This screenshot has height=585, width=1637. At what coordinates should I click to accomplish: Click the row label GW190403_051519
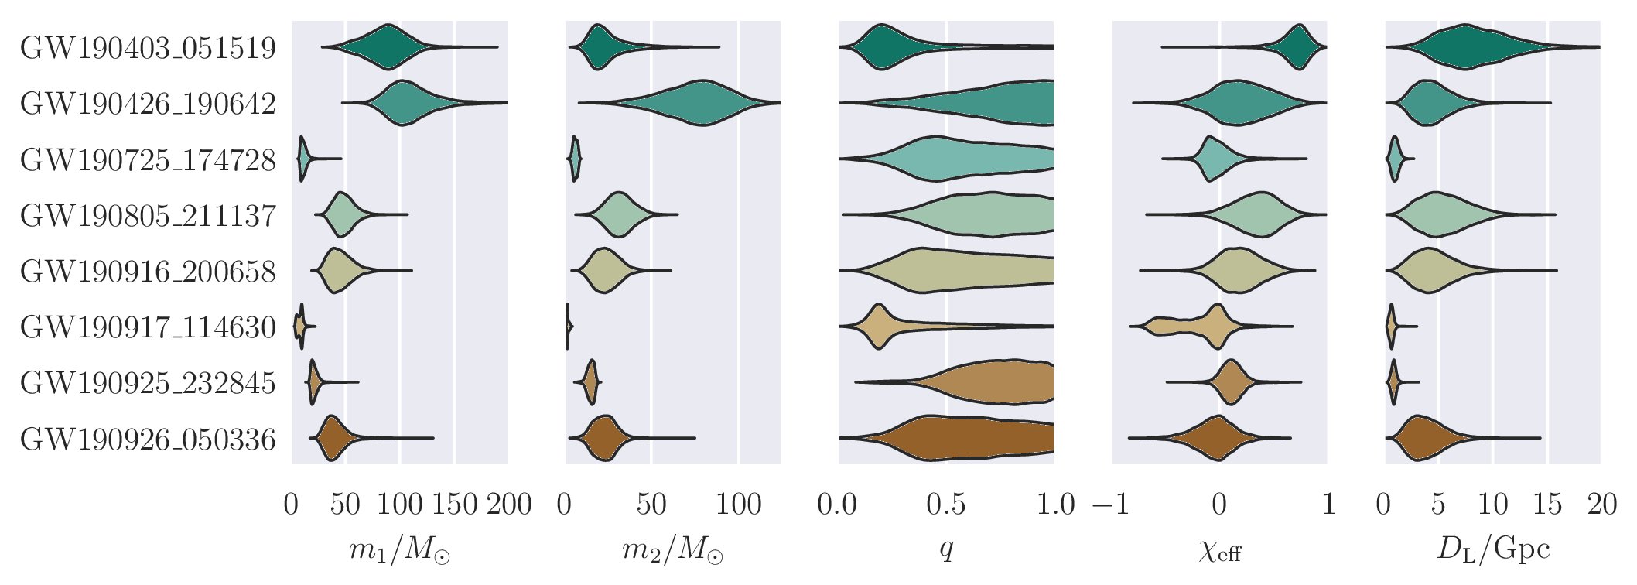click(x=148, y=48)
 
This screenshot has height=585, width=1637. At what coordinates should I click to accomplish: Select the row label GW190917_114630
click(x=148, y=327)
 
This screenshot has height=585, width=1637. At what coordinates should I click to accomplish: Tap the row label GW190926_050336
click(x=148, y=440)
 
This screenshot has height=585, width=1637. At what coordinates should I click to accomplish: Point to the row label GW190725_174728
click(x=148, y=160)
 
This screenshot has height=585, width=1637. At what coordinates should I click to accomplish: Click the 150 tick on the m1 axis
click(x=454, y=505)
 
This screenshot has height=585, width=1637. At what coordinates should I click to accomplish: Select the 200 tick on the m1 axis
click(x=509, y=505)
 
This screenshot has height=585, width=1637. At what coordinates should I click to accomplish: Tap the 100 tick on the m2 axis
click(x=739, y=505)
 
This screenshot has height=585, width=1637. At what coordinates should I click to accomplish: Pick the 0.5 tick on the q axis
click(x=946, y=505)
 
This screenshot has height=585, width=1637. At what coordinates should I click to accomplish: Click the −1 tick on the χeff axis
click(x=1112, y=505)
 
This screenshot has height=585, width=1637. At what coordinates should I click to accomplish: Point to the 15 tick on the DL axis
click(x=1547, y=505)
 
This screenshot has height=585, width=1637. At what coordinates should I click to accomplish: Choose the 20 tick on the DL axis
click(x=1601, y=505)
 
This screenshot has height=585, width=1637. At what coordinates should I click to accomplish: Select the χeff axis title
click(x=1220, y=550)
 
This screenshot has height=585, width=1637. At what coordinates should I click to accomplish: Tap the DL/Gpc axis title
click(x=1493, y=549)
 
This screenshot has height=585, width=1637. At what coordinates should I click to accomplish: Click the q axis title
click(x=946, y=550)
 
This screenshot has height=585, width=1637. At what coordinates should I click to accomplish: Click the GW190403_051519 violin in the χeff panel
click(x=1299, y=48)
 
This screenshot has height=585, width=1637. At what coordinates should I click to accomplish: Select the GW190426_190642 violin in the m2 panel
click(x=700, y=103)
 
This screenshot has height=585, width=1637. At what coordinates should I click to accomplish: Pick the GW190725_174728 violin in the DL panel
click(x=1395, y=159)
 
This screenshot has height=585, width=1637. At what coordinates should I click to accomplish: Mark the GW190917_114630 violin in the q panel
click(x=879, y=327)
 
